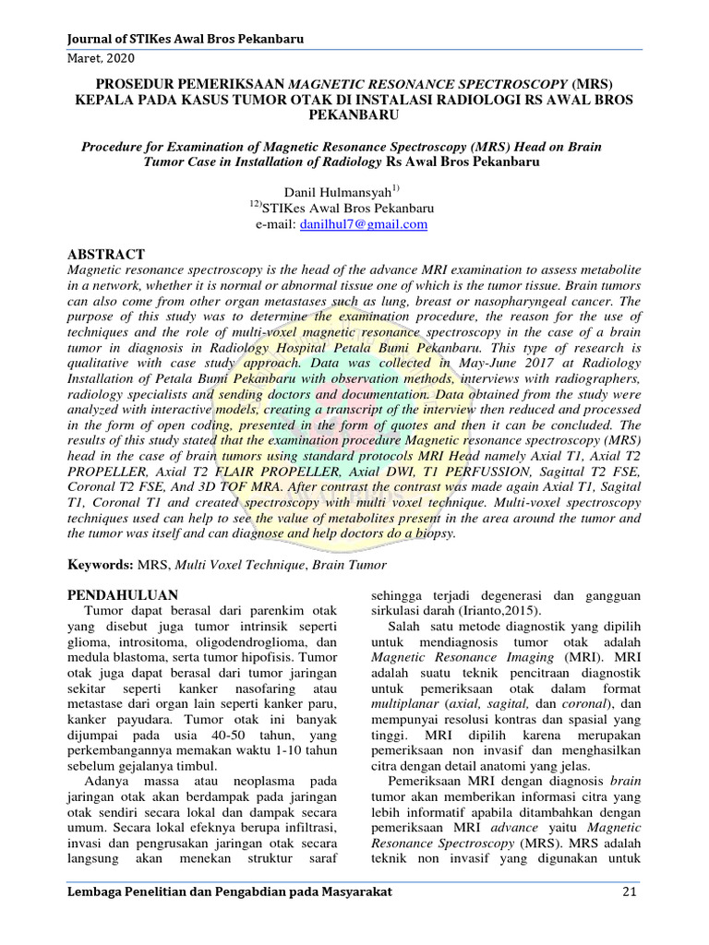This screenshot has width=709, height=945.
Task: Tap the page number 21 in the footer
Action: point(630,892)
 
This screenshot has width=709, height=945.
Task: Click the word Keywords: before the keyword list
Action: point(101,564)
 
